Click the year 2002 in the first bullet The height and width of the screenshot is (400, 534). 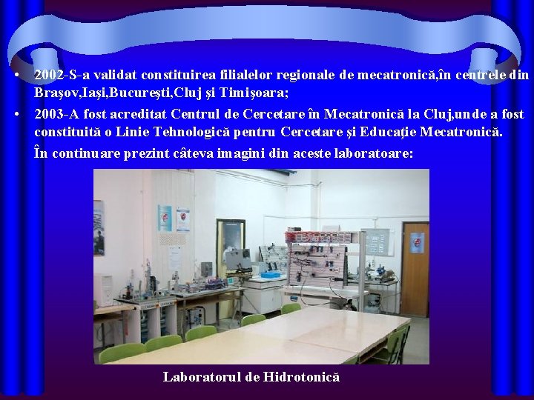point(48,75)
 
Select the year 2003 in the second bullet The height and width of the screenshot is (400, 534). point(48,114)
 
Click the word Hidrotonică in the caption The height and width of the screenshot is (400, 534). point(300,377)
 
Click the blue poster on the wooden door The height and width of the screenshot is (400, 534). point(417,243)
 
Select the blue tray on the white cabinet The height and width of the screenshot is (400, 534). point(271,275)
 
